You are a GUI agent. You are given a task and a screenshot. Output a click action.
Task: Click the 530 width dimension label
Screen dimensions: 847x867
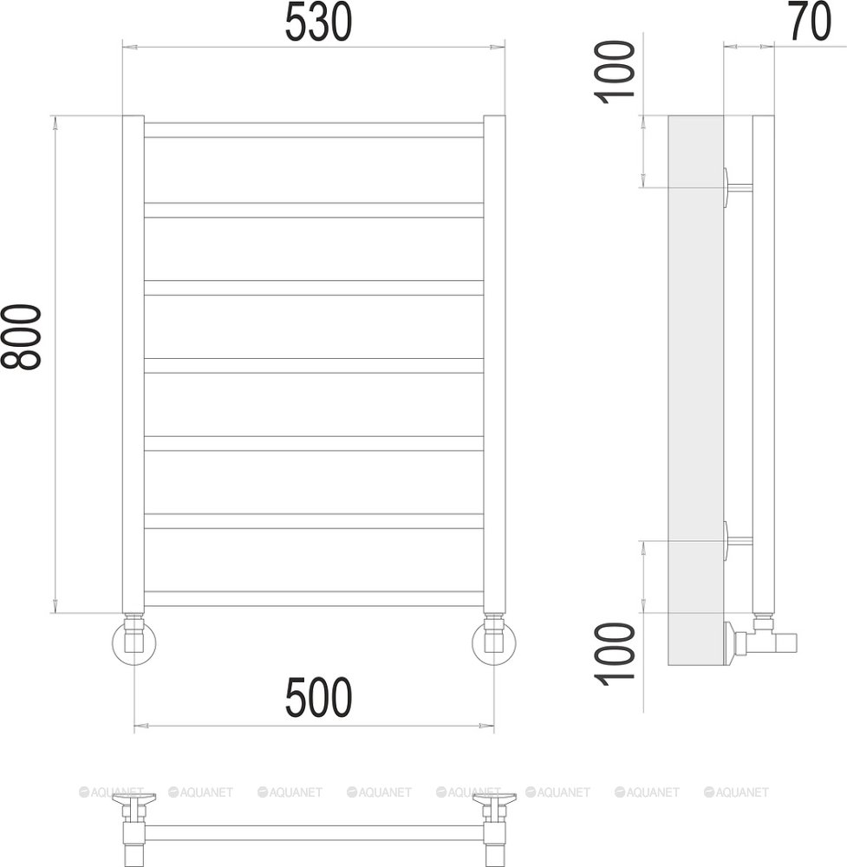point(318,23)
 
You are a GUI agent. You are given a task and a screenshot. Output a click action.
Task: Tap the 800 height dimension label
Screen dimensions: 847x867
point(21,336)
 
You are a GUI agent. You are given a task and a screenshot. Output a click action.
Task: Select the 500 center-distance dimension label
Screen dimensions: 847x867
point(318,697)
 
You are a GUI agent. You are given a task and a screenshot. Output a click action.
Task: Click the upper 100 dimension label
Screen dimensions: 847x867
point(615,72)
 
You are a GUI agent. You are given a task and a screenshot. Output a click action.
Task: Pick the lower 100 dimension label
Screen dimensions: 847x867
point(615,654)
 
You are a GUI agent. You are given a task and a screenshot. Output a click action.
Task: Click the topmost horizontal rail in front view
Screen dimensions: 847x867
point(314,130)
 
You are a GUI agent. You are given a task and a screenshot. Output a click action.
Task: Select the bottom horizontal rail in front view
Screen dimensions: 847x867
point(314,598)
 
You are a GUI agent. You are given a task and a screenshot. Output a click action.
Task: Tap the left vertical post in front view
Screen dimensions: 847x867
point(134,364)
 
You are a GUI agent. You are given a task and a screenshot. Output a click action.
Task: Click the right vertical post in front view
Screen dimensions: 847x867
point(494,364)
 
